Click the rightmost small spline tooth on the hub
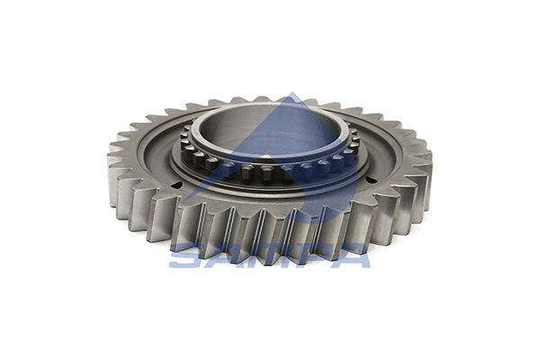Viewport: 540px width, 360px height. click(355, 139)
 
